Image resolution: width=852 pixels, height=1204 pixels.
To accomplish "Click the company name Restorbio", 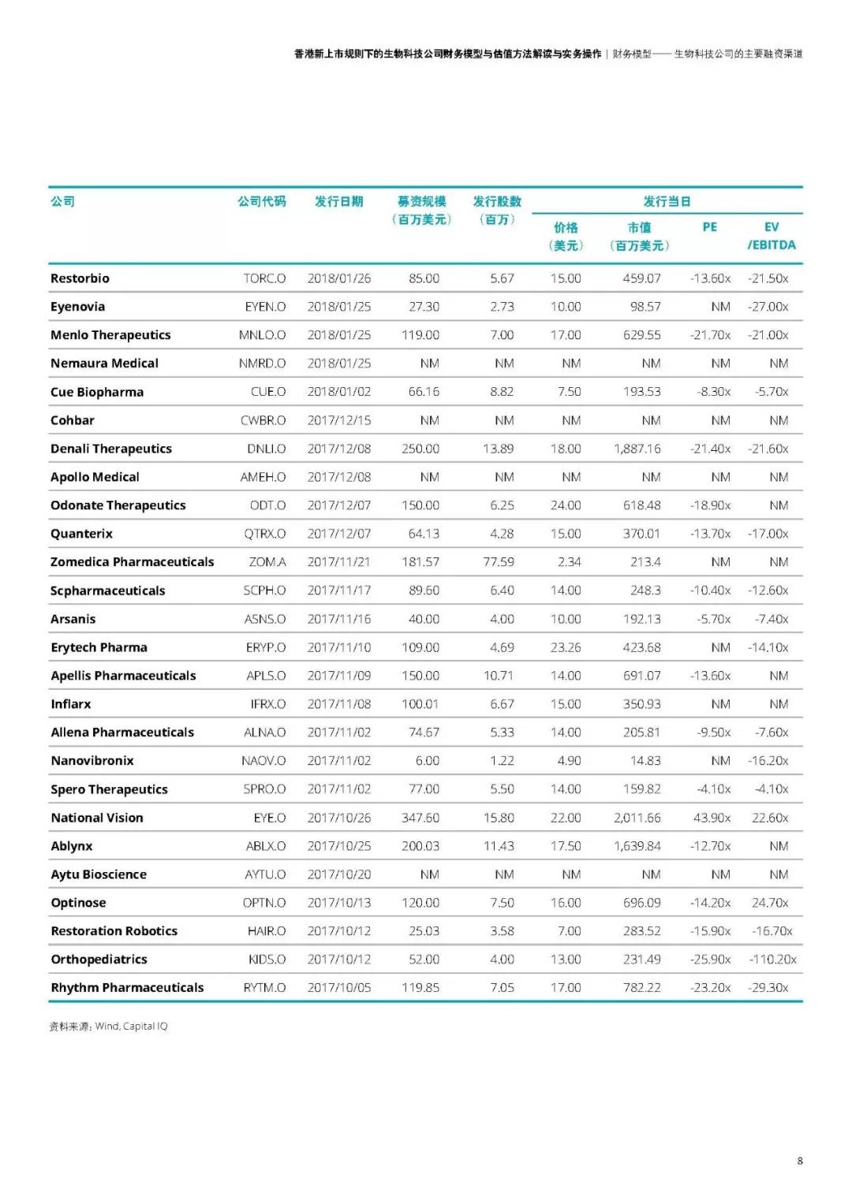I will pyautogui.click(x=80, y=278).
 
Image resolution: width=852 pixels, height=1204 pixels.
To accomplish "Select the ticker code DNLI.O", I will pyautogui.click(x=266, y=449).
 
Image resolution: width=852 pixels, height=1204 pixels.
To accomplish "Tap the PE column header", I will pyautogui.click(x=709, y=227).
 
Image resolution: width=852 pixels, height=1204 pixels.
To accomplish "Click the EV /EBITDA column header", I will pyautogui.click(x=772, y=236).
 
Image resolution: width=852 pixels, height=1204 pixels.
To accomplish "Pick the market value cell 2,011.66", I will pyautogui.click(x=637, y=818).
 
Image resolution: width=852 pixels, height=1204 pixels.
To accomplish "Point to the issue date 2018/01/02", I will pyautogui.click(x=338, y=392).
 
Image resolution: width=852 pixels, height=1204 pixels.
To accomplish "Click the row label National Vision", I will pyautogui.click(x=97, y=818).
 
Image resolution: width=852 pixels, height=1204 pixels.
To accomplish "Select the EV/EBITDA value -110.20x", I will pyautogui.click(x=772, y=960).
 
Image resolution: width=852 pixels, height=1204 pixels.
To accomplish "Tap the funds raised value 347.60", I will pyautogui.click(x=420, y=818).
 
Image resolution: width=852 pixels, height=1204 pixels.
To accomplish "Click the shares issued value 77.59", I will pyautogui.click(x=499, y=562).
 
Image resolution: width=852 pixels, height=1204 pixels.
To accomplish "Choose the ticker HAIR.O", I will pyautogui.click(x=267, y=931).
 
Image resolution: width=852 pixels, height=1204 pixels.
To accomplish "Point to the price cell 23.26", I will pyautogui.click(x=566, y=647).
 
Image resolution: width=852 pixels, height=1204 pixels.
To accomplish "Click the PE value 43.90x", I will pyautogui.click(x=712, y=818).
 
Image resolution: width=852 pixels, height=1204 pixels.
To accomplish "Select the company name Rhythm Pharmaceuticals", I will pyautogui.click(x=127, y=988).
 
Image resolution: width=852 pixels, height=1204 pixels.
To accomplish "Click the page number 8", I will pyautogui.click(x=800, y=1161).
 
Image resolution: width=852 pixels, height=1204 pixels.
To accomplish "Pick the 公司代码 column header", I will pyautogui.click(x=262, y=202).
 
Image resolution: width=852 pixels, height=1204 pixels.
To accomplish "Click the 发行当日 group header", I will pyautogui.click(x=667, y=202).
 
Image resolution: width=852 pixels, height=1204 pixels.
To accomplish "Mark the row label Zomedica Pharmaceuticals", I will pyautogui.click(x=132, y=562).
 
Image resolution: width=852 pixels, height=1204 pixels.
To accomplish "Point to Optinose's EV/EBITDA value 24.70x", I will pyautogui.click(x=770, y=903).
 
